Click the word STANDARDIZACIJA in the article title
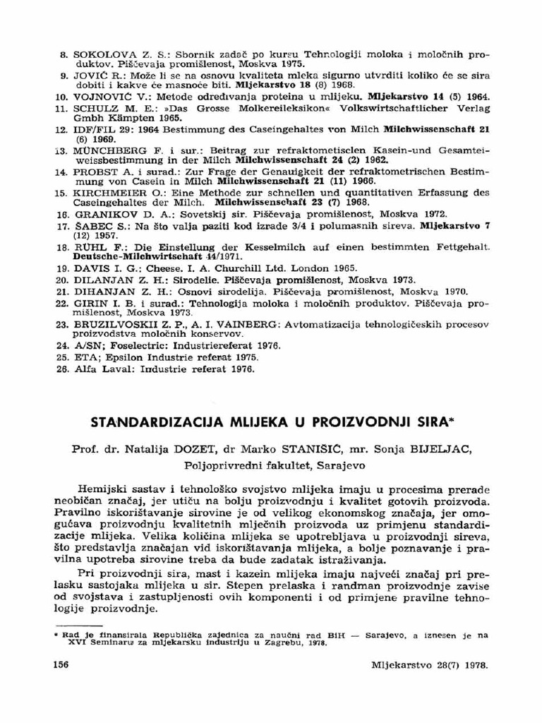(x=154, y=423)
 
